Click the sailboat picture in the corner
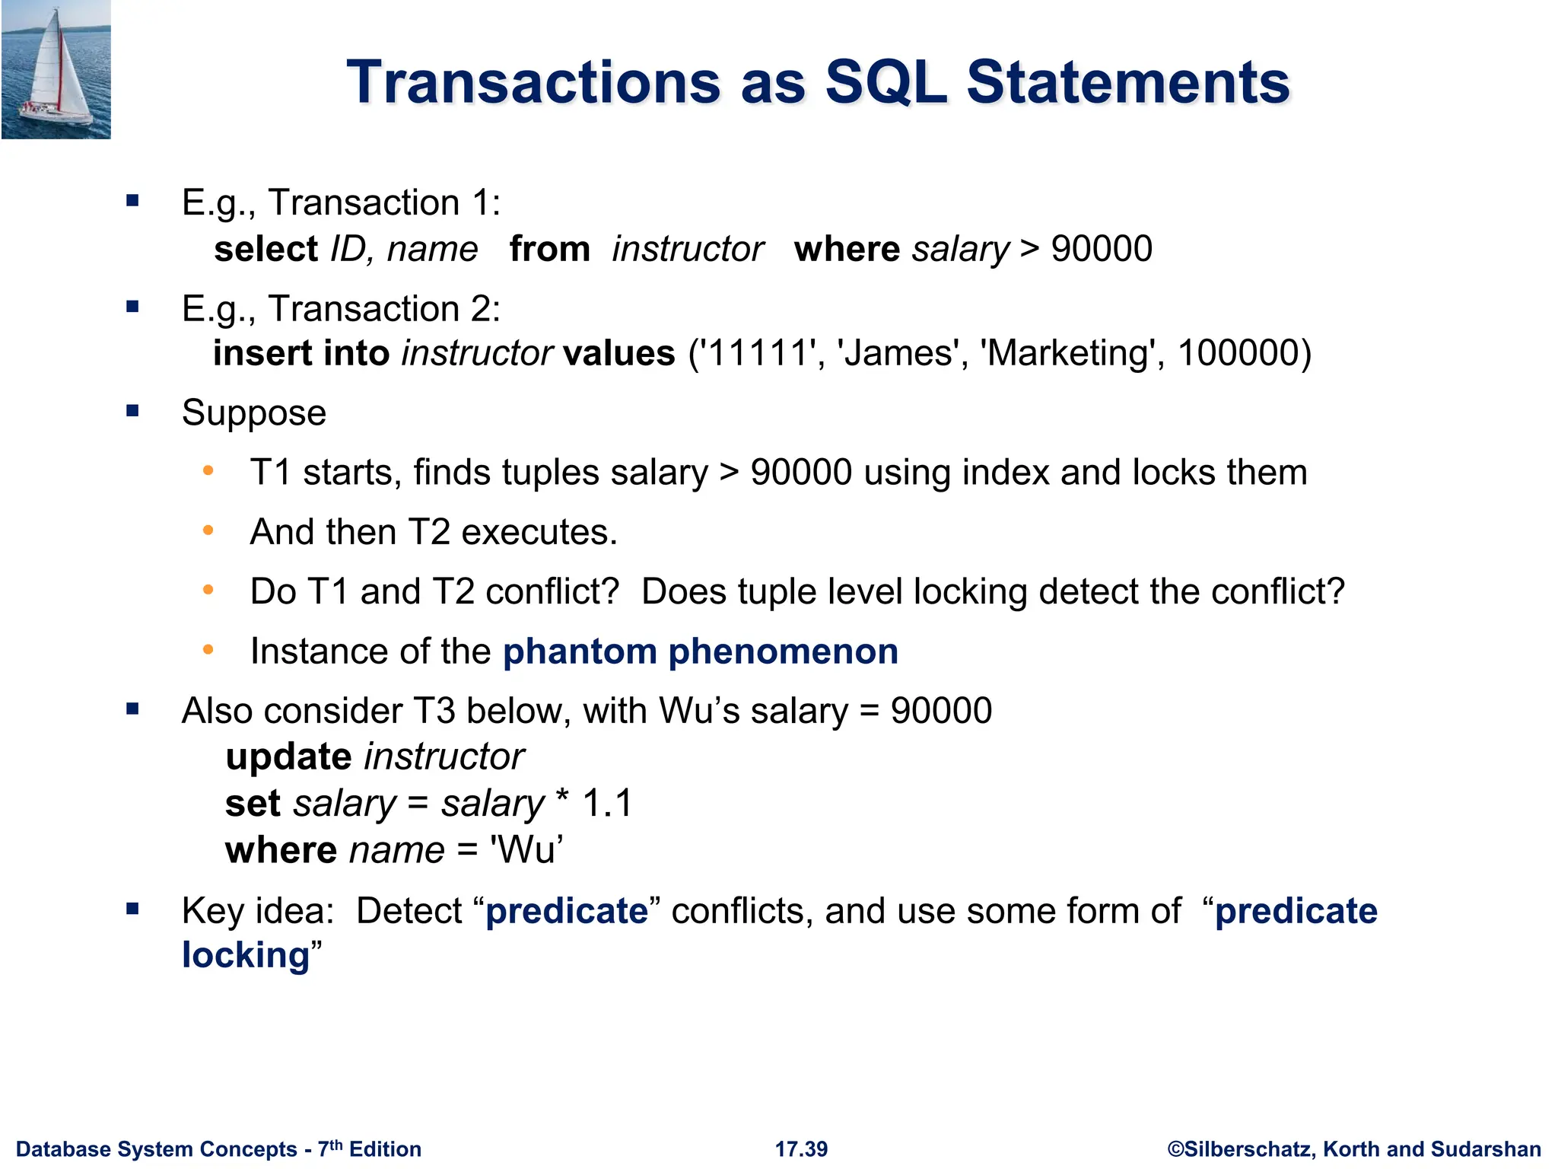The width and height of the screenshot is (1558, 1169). click(56, 69)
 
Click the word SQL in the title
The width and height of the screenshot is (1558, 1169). click(886, 82)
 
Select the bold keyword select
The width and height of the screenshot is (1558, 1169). click(265, 250)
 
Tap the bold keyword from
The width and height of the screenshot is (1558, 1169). click(549, 250)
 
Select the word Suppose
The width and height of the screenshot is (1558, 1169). click(254, 413)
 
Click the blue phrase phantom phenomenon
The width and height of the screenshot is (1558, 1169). click(700, 652)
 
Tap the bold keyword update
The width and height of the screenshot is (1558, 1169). click(288, 757)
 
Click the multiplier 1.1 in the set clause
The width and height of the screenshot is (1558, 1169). click(607, 804)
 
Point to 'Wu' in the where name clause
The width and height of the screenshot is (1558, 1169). click(526, 850)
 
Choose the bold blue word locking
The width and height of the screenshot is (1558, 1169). click(246, 956)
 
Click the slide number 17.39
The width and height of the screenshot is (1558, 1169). click(801, 1149)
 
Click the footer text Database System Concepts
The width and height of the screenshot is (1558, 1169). click(156, 1149)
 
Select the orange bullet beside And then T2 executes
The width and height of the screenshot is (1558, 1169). click(208, 530)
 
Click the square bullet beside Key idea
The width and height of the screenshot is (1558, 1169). click(133, 909)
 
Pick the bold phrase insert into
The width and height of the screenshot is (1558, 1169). click(301, 354)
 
